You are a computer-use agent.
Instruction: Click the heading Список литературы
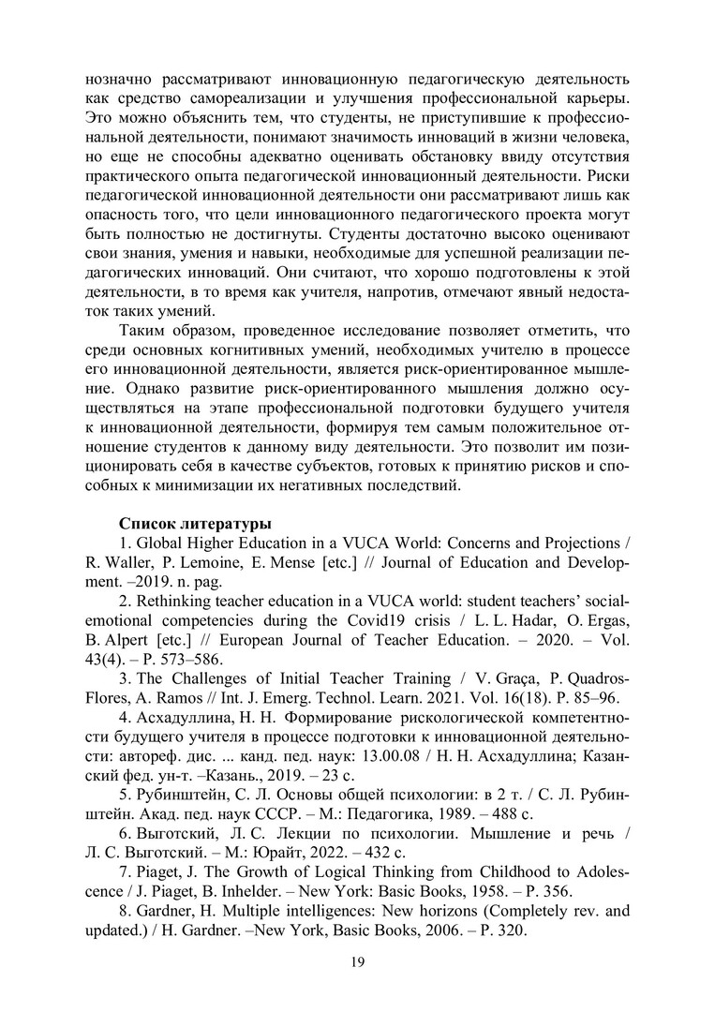[x=195, y=523]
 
